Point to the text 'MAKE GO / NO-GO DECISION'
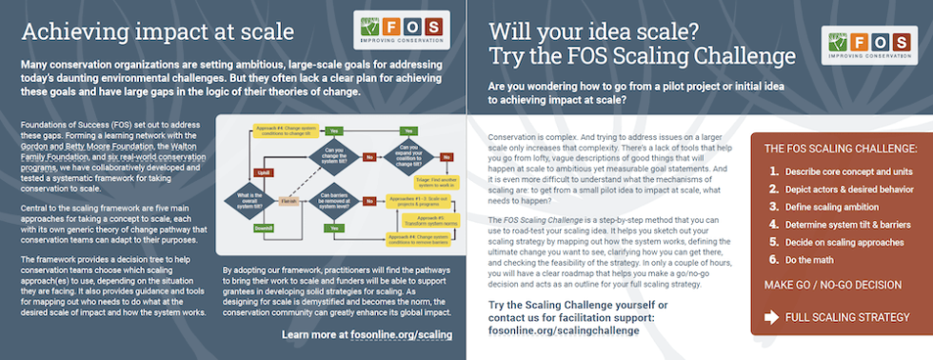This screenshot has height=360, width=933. (x=831, y=285)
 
